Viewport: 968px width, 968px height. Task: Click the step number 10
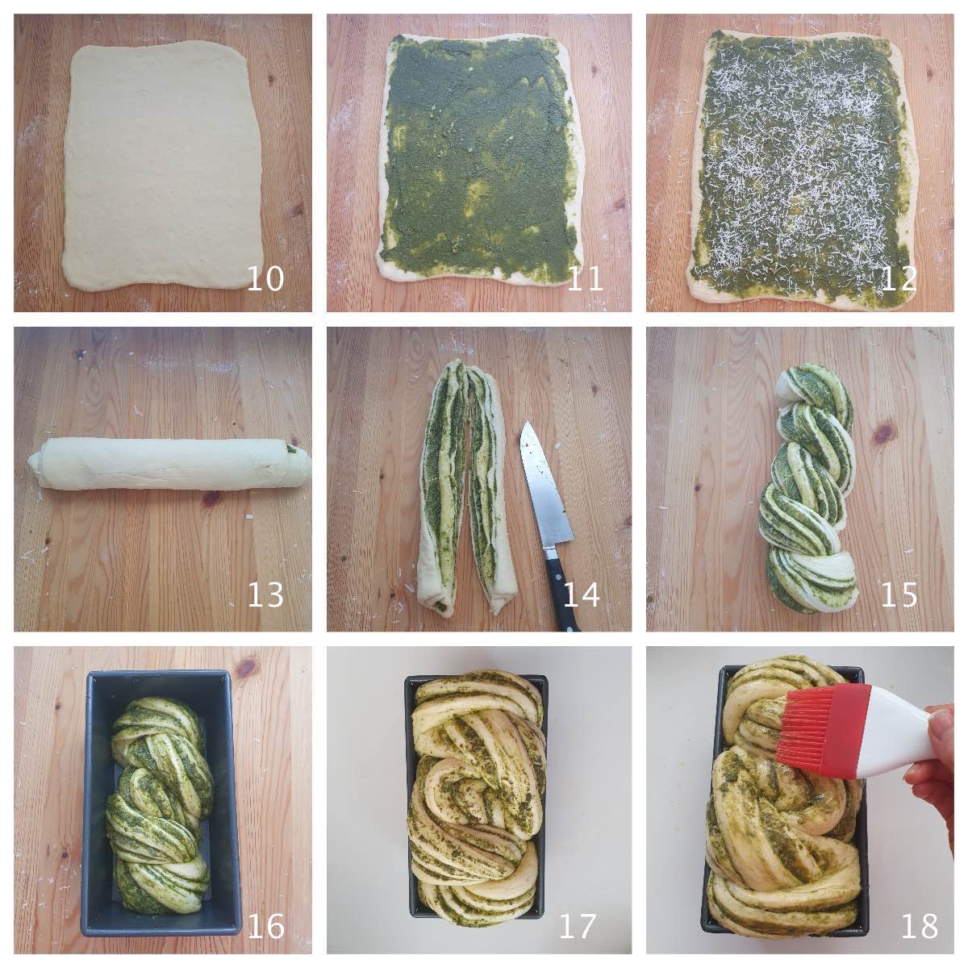(x=265, y=278)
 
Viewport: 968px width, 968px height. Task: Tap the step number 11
(x=584, y=278)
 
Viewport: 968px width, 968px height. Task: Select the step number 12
(x=899, y=278)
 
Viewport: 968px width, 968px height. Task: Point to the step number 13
(x=265, y=595)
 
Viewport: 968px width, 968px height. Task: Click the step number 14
(x=581, y=595)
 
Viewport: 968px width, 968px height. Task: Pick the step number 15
(x=899, y=595)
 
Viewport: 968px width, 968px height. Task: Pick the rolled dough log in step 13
(x=169, y=465)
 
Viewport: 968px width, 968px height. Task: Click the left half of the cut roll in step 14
(x=440, y=487)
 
